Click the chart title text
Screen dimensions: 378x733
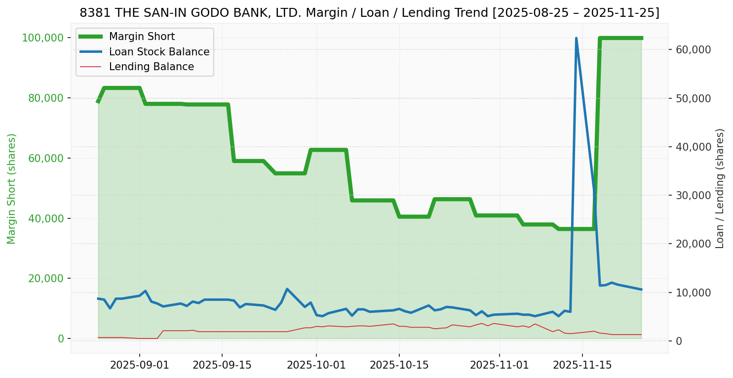click(369, 13)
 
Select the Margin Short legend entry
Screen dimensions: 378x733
click(142, 37)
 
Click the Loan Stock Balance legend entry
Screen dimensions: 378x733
click(159, 52)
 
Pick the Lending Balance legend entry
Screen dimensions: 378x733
click(151, 67)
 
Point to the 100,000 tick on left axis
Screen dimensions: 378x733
click(43, 38)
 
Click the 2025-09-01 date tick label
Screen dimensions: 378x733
click(140, 365)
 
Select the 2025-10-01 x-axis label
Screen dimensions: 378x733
click(316, 365)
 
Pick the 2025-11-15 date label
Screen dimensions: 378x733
click(582, 365)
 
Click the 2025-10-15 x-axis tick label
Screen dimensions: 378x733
click(399, 365)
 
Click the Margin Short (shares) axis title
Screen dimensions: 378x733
click(12, 189)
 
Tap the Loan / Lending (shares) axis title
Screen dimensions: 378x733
click(720, 188)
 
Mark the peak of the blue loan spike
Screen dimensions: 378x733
click(576, 38)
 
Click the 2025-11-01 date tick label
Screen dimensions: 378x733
click(500, 365)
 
